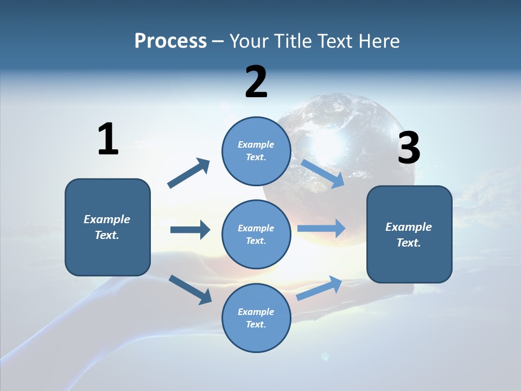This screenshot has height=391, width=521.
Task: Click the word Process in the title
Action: [x=170, y=41]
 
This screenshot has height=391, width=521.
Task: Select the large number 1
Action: [x=108, y=139]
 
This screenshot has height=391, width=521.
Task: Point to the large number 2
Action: [x=256, y=82]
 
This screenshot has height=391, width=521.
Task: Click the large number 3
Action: [x=409, y=148]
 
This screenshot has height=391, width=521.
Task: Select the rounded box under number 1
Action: [x=107, y=227]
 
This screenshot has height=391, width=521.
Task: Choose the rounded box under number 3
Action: [x=409, y=235]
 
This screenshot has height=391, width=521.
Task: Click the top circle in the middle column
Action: [x=256, y=151]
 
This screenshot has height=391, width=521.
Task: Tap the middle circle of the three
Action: [x=256, y=234]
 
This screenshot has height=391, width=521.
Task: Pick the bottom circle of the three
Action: [x=256, y=318]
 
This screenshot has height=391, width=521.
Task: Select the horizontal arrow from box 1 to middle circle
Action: [x=190, y=230]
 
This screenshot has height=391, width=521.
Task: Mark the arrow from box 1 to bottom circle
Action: [x=190, y=289]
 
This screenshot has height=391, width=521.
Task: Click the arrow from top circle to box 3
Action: [x=323, y=173]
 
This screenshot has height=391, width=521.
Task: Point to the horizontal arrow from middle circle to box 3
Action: [x=321, y=229]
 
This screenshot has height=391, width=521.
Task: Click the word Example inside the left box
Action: [x=107, y=219]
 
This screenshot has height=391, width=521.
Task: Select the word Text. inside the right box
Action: [x=409, y=243]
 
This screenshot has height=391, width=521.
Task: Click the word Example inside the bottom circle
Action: [x=256, y=312]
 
